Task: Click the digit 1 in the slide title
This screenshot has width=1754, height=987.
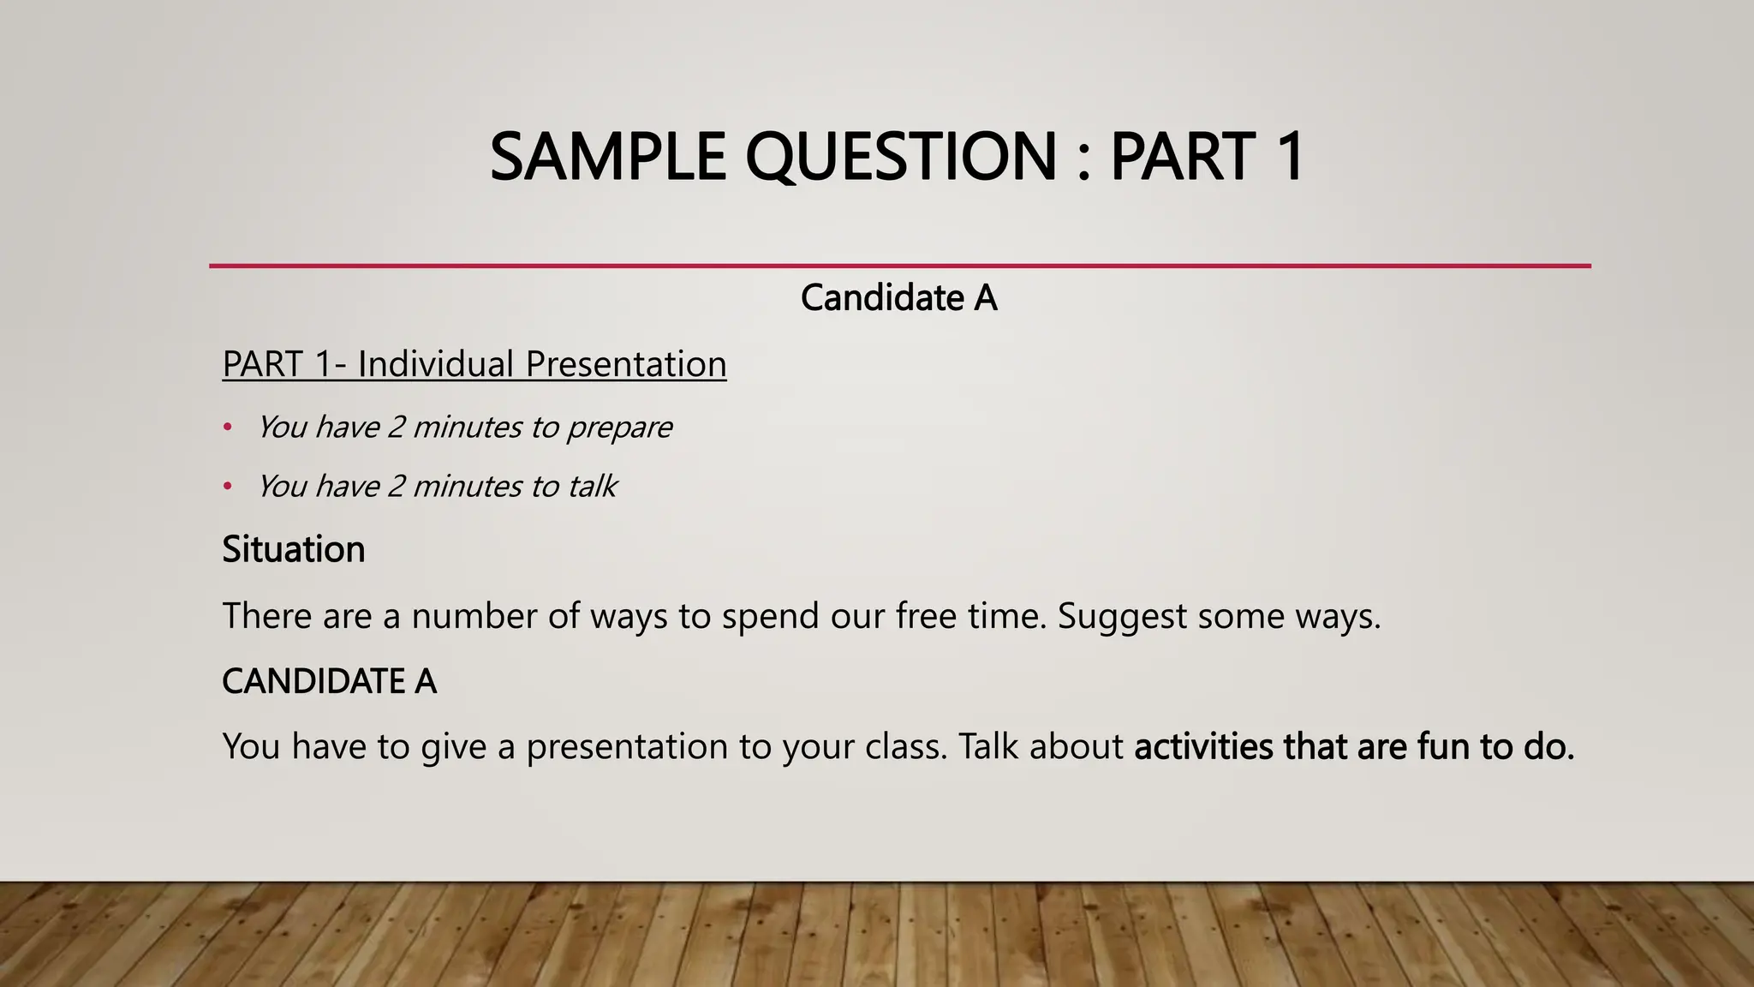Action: [1287, 157]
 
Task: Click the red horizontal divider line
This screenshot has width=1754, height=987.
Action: [899, 266]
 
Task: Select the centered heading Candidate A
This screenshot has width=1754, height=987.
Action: [898, 298]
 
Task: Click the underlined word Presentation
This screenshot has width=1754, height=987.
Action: [625, 364]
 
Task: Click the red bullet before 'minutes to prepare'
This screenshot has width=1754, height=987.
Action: [228, 427]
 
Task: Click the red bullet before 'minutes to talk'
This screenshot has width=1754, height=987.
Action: [228, 487]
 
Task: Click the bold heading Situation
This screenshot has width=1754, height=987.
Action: [294, 549]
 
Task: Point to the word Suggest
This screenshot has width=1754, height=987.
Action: [1122, 617]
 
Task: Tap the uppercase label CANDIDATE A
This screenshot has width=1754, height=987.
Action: [329, 682]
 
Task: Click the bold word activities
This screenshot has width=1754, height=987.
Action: [1203, 746]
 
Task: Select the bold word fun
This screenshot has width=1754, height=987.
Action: [1443, 746]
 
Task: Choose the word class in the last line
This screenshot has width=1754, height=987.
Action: [906, 746]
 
